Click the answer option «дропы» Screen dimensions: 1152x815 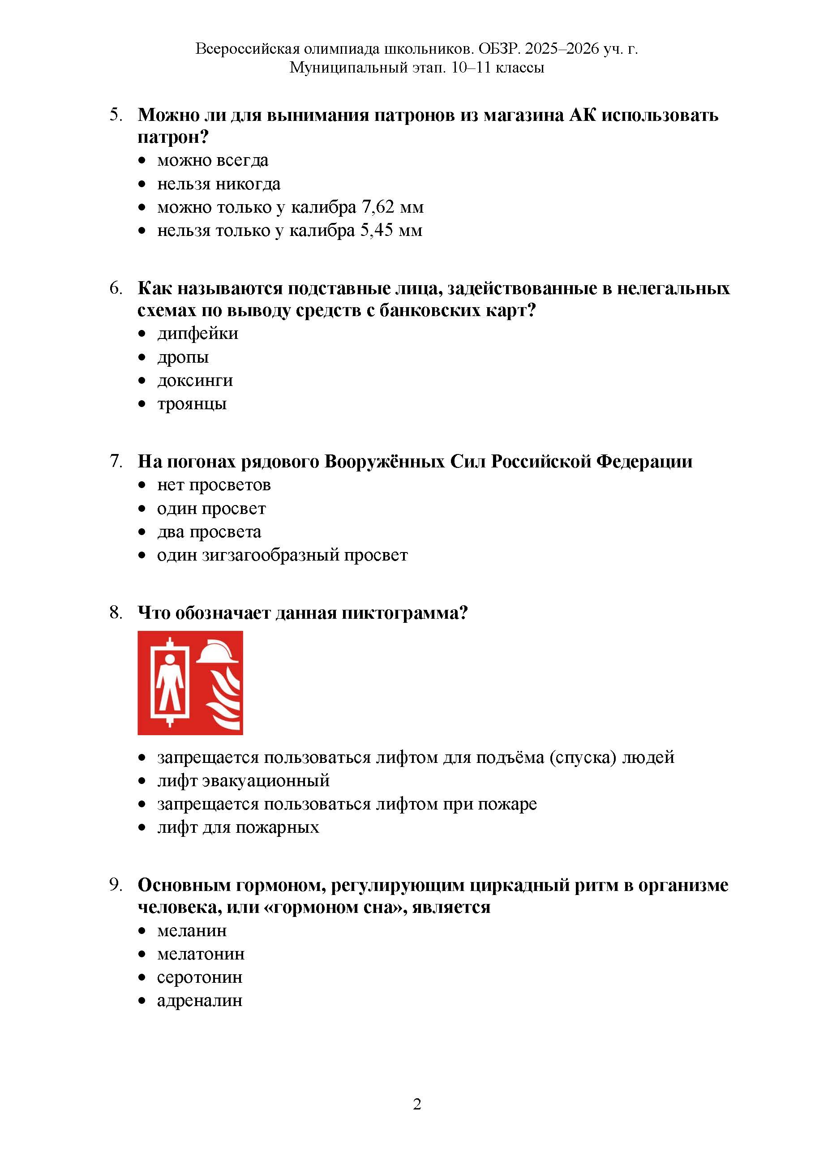tap(183, 358)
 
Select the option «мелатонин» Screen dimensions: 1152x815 tap(201, 954)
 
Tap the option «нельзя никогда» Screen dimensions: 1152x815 tap(219, 184)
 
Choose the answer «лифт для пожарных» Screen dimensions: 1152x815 tap(238, 827)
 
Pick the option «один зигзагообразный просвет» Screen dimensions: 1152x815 tap(282, 556)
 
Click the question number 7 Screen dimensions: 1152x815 tap(116, 461)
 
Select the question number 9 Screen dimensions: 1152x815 tap(116, 885)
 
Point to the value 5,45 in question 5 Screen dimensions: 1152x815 tap(377, 231)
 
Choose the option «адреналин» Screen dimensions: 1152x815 tap(200, 1001)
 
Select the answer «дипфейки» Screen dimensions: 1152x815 tap(198, 334)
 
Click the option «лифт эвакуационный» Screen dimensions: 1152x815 tap(244, 781)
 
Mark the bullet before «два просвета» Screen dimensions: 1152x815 tap(142, 532)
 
